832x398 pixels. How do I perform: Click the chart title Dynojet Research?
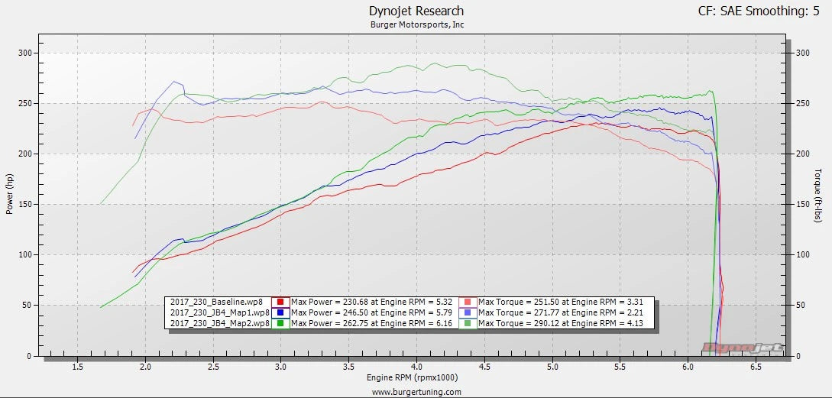coord(416,11)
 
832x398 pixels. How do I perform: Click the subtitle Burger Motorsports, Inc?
coord(416,24)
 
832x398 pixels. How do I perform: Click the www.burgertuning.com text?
coord(416,392)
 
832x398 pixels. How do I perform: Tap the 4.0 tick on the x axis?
coord(416,367)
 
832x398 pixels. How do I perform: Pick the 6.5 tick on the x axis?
coord(756,367)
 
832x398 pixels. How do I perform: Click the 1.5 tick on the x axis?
coord(77,367)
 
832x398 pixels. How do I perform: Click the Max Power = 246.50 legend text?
coord(374,312)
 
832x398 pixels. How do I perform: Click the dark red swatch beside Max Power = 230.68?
coord(280,302)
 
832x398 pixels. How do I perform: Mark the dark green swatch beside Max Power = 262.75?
coord(280,323)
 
